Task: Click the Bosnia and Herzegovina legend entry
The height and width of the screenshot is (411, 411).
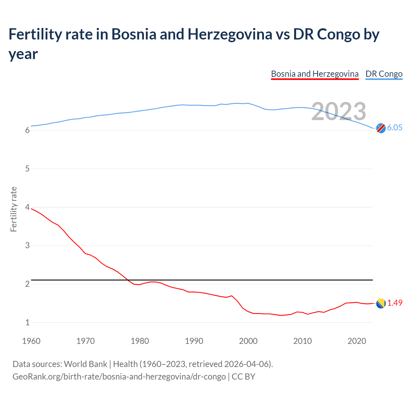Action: coord(315,74)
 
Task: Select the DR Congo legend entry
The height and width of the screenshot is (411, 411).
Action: coord(384,74)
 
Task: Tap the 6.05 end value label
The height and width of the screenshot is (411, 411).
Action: coord(395,127)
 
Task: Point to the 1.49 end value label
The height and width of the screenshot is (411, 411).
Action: coord(395,303)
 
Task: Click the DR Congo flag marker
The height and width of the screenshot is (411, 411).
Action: coord(381,128)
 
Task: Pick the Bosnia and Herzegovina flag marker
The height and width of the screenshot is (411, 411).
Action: coord(381,303)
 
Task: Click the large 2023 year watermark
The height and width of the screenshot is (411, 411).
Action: coord(339,111)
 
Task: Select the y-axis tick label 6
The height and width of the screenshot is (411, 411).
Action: coord(27,130)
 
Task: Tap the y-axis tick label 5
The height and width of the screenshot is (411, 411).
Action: coord(27,169)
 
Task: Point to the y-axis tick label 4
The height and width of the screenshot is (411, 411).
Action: coord(27,207)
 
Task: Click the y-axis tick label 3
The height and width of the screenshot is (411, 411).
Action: coord(27,246)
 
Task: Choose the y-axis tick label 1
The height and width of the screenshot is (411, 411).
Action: coord(27,322)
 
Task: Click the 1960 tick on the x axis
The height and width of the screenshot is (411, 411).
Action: coord(31,341)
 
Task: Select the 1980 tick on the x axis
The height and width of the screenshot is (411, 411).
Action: coord(140,341)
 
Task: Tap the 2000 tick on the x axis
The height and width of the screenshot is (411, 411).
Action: coord(248,341)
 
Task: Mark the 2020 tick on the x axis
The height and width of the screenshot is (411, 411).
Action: coord(357,341)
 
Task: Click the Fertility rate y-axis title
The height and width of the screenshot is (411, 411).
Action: coord(13,209)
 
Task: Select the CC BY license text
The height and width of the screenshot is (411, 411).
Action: coord(243,376)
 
